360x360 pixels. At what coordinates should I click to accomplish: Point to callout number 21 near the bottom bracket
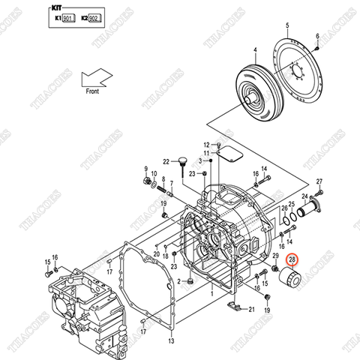click(251, 309)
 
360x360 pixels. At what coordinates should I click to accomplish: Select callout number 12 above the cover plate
click(206, 144)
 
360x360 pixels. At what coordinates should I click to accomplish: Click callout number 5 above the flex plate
click(288, 25)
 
